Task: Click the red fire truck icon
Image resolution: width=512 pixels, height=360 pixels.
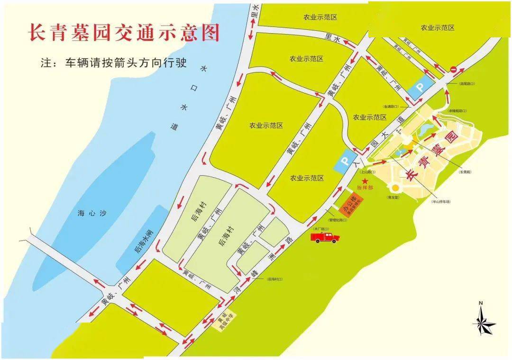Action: (x=325, y=237)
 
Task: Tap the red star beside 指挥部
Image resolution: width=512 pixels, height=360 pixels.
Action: (x=365, y=181)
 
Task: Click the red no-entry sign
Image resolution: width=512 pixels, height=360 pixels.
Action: (x=454, y=69)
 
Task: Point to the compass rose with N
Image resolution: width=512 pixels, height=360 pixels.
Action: (x=483, y=322)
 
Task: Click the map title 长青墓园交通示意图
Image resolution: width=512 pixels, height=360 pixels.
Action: (x=124, y=33)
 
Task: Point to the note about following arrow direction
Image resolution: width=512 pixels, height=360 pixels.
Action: (x=114, y=63)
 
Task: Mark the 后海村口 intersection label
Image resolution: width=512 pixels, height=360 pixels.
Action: (x=274, y=279)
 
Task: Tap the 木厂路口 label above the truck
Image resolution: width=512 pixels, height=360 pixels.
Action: (x=320, y=228)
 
